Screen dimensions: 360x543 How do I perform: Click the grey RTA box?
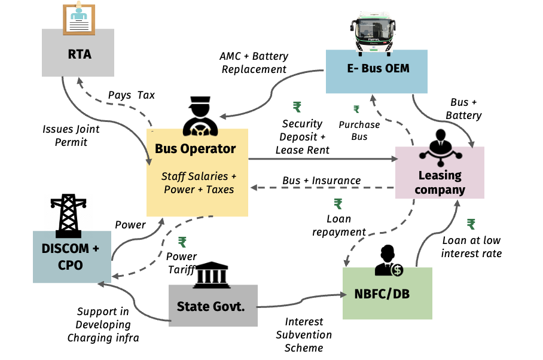click(x=79, y=54)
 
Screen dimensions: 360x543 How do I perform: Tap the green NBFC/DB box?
click(x=388, y=292)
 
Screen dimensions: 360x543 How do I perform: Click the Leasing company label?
click(x=440, y=183)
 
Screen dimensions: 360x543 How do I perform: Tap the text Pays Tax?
click(x=131, y=95)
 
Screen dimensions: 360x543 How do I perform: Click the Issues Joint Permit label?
click(x=71, y=135)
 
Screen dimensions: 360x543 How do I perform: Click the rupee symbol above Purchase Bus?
click(x=356, y=109)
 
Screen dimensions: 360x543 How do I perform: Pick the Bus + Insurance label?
click(x=322, y=180)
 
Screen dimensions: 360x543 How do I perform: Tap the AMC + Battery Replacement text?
click(x=254, y=62)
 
